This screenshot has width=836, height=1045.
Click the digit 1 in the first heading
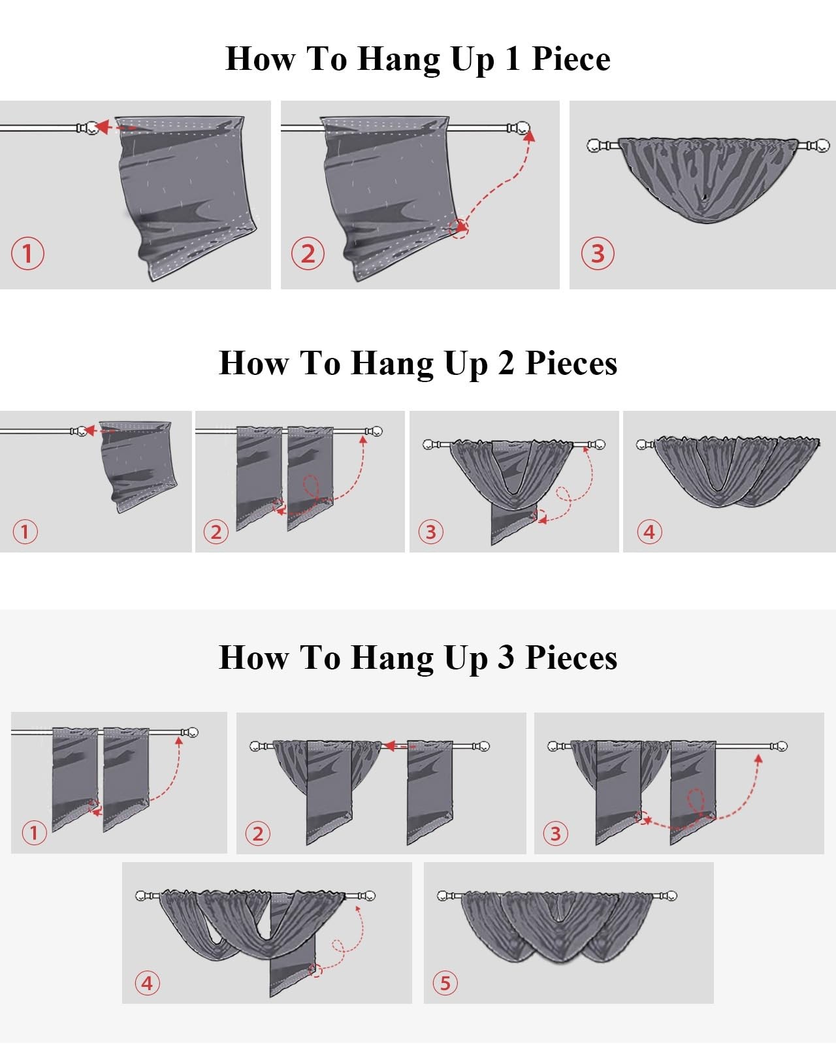513,59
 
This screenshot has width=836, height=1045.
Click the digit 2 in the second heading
506,363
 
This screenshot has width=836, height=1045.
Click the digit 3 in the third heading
506,658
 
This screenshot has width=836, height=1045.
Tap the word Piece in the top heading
571,59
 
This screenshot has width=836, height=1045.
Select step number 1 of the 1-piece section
27,253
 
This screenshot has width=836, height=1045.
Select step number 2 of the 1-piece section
308,253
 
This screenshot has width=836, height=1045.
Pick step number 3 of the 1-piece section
598,253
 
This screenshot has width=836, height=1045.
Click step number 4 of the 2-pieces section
649,532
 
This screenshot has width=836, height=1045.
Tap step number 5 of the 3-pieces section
445,984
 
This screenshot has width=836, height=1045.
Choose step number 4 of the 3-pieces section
147,984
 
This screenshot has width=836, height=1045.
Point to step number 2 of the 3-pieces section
258,834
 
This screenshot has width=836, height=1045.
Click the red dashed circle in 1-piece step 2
458,228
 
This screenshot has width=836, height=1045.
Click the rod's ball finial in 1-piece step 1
91,128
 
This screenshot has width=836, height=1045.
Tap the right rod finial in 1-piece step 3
822,145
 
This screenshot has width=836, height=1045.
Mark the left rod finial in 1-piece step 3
594,145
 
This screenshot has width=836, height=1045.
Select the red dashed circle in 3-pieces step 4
315,971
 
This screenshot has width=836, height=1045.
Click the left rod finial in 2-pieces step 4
641,444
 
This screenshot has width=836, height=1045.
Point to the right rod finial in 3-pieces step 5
672,895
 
